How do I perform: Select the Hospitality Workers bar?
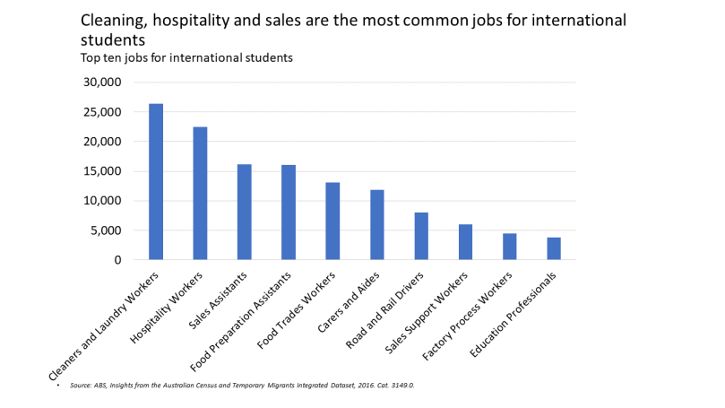tap(200, 194)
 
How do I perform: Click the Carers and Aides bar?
tap(377, 225)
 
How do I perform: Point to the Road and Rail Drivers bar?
tap(421, 236)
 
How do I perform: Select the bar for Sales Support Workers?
tap(465, 242)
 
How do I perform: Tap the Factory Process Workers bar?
tap(510, 247)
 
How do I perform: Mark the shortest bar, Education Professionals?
tap(554, 248)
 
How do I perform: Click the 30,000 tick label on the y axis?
tap(101, 82)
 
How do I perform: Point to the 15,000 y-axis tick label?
tap(101, 171)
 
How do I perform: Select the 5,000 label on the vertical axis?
tap(105, 230)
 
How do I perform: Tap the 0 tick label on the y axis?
tap(117, 260)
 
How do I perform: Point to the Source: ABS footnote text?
tap(242, 386)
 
